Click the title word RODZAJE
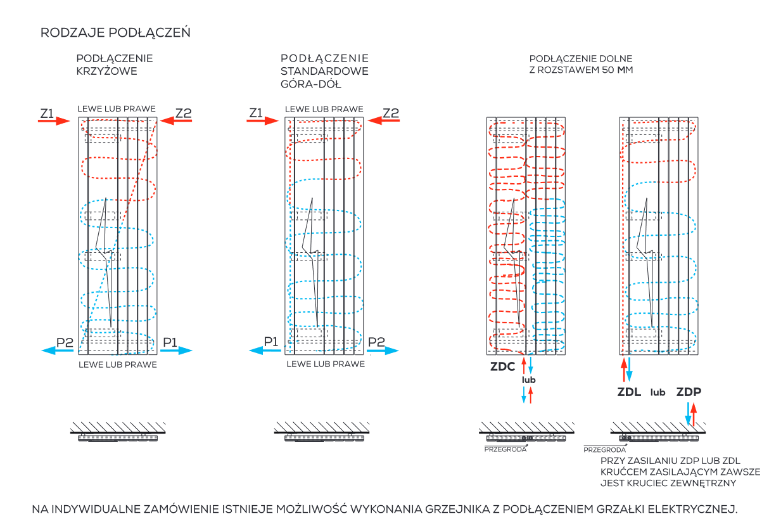click(x=72, y=32)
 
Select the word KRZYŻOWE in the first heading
click(x=106, y=71)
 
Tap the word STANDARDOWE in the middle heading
click(x=324, y=71)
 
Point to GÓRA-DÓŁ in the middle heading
click(x=311, y=84)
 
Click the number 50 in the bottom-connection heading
click(x=608, y=70)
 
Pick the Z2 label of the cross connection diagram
click(x=183, y=113)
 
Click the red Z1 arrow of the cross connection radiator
click(x=54, y=121)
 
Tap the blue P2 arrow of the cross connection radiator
click(x=58, y=351)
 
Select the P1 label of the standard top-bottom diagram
click(x=271, y=342)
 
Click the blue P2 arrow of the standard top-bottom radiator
click(x=383, y=351)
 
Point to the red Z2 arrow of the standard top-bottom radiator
click(x=383, y=120)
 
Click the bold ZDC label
click(x=502, y=366)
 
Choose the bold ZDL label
click(x=629, y=392)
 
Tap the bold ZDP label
click(x=689, y=392)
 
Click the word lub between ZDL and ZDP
click(x=658, y=392)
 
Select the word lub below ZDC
click(x=529, y=380)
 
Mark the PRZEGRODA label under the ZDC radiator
click(x=505, y=449)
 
